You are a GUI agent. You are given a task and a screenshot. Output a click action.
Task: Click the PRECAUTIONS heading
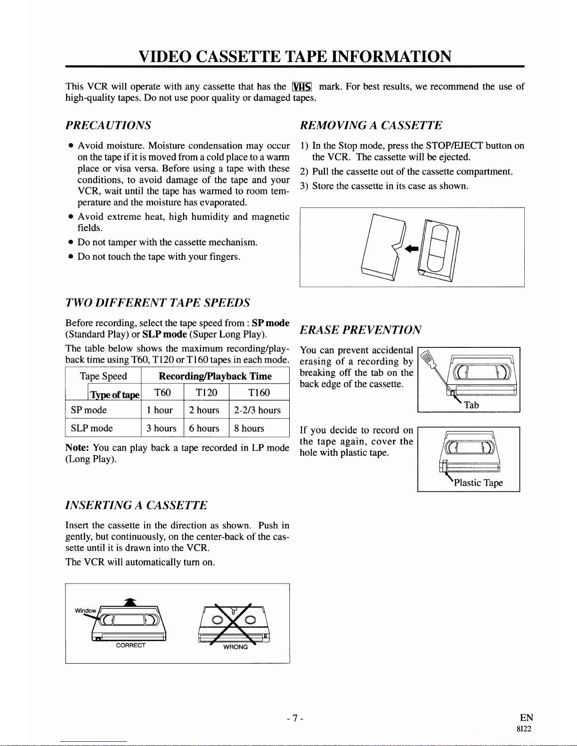[x=108, y=125]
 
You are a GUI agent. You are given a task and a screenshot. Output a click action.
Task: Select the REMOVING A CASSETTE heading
[x=371, y=125]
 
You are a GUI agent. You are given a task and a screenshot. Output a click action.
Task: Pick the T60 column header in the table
[x=163, y=393]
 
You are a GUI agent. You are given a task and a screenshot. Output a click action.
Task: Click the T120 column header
[x=206, y=393]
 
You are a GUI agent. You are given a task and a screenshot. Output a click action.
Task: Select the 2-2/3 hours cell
[x=257, y=410]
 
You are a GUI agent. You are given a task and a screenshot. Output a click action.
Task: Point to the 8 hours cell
[x=249, y=428]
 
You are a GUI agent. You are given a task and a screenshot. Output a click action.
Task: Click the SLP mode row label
[x=92, y=428]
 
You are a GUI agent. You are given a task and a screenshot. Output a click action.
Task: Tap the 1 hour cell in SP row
[x=160, y=410]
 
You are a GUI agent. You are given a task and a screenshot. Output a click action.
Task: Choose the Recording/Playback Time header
[x=215, y=376]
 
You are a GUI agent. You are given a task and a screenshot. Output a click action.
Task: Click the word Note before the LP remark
[x=77, y=448]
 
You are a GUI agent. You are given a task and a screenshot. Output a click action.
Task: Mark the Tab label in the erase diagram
[x=471, y=405]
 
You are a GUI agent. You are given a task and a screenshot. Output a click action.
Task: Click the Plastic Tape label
[x=478, y=483]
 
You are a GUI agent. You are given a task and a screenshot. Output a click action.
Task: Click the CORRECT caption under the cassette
[x=130, y=645]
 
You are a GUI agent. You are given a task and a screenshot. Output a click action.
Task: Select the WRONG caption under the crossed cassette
[x=236, y=647]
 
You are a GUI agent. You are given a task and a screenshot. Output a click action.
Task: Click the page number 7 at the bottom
[x=294, y=718]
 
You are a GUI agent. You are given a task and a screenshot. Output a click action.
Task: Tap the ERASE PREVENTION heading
[x=360, y=329]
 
